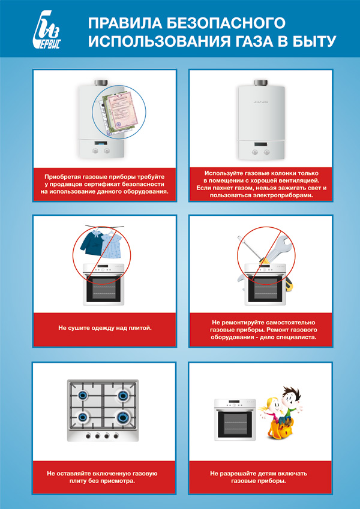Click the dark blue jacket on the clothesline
[x=92, y=242]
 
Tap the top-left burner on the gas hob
[x=83, y=395]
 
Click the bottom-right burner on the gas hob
[x=123, y=417]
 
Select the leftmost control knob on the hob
[x=88, y=436]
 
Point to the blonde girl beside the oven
[x=268, y=411]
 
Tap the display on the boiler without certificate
[x=260, y=144]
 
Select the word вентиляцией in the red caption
[x=296, y=180]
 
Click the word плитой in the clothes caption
[x=140, y=328]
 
